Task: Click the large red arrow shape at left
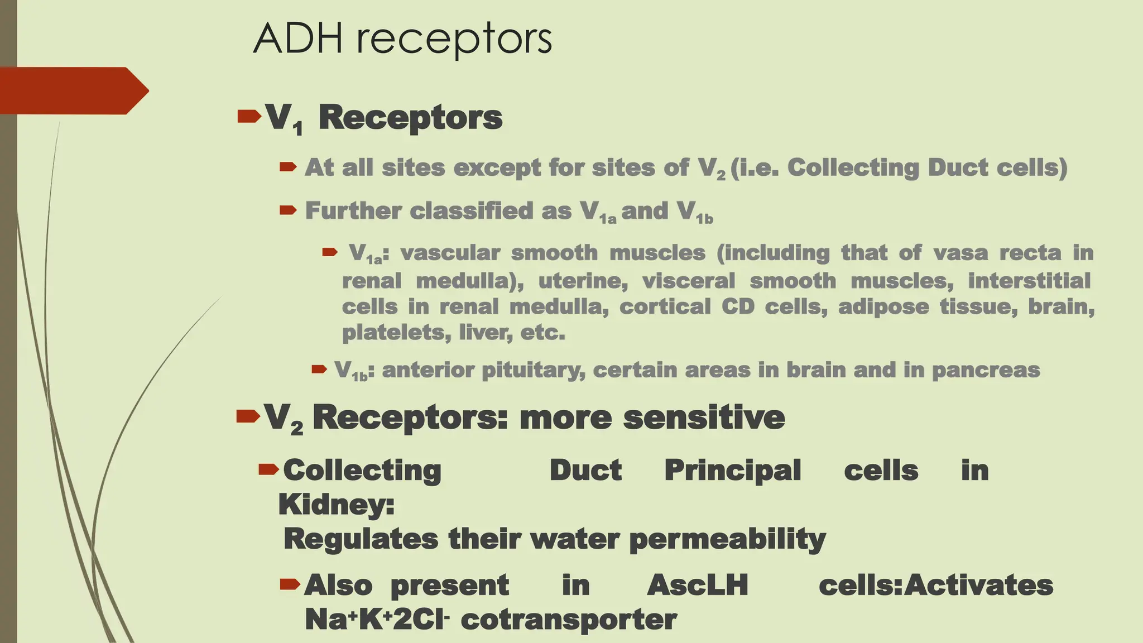pos(73,90)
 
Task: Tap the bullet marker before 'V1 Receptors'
pos(249,116)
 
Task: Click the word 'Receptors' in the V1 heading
pos(410,118)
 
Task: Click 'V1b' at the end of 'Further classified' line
pos(694,212)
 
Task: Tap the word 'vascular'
pos(450,253)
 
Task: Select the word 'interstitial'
pos(1029,280)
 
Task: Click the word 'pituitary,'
pos(533,370)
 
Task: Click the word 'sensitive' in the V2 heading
pos(704,418)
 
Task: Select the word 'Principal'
pos(732,470)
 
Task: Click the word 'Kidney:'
pos(337,505)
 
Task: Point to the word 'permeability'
pos(727,540)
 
